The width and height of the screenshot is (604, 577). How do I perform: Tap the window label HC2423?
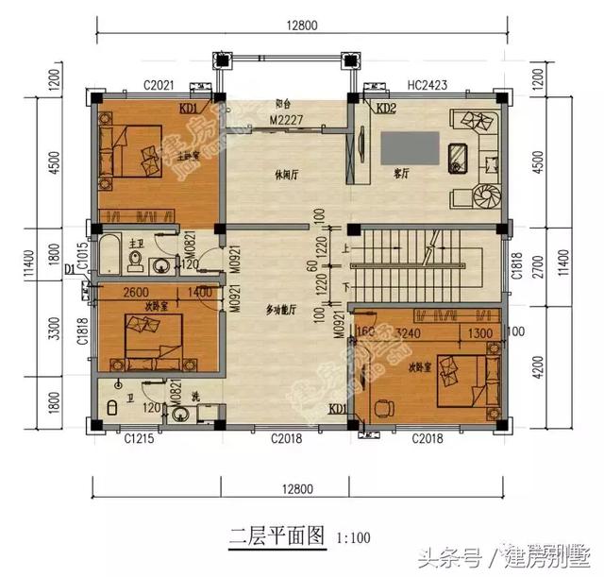tap(428, 85)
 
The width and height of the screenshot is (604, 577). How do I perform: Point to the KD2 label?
tap(386, 110)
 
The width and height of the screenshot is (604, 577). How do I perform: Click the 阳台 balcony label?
tap(282, 104)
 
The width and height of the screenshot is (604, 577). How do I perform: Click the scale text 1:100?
tap(354, 538)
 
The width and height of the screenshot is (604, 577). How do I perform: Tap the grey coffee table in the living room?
tap(409, 147)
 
